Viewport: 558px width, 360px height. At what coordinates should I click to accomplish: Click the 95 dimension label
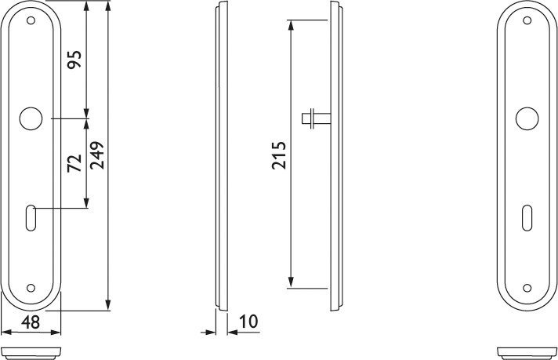click(74, 60)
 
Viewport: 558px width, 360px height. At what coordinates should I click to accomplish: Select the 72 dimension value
click(74, 163)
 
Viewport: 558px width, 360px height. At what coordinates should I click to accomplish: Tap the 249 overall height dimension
click(97, 155)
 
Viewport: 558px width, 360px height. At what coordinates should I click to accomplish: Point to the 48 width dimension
click(31, 322)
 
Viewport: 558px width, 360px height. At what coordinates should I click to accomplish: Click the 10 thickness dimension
click(248, 322)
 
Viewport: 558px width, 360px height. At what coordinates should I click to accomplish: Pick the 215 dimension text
click(279, 155)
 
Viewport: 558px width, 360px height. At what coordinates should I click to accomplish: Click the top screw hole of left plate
click(31, 20)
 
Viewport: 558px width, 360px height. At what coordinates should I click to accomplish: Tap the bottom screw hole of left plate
click(31, 288)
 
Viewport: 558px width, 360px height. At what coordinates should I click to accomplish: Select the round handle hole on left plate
click(31, 118)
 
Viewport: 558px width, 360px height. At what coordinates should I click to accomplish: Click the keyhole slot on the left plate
click(31, 218)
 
